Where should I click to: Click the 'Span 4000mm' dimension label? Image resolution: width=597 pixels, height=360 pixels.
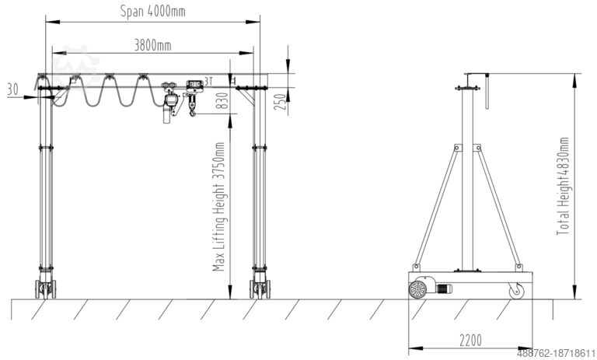click(x=152, y=11)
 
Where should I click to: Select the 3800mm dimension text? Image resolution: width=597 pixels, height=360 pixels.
click(x=152, y=45)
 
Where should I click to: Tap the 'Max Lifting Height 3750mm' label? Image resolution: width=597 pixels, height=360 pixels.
click(x=219, y=207)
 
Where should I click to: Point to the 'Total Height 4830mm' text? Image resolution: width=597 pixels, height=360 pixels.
click(x=563, y=186)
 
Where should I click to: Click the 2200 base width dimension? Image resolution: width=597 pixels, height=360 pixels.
click(x=470, y=341)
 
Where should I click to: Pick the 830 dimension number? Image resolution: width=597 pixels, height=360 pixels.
click(x=222, y=100)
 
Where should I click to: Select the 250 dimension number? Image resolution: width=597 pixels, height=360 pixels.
click(x=280, y=102)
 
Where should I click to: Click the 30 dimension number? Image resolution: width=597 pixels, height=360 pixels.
click(x=12, y=89)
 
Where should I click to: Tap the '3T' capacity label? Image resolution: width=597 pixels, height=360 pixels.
click(x=208, y=81)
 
